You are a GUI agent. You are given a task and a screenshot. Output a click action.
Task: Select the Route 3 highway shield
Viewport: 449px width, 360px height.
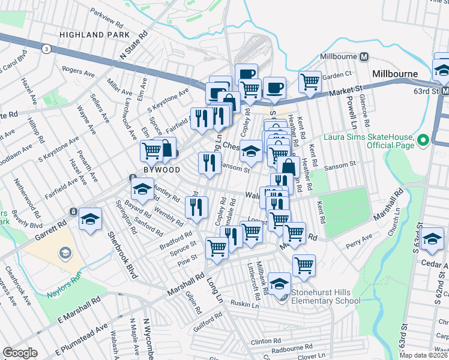pos(46,48)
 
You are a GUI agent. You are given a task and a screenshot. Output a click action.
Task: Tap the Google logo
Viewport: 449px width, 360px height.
pos(20,352)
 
